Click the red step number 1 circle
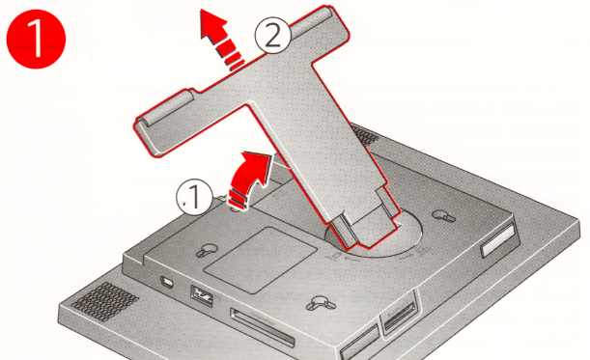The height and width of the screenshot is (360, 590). (36, 39)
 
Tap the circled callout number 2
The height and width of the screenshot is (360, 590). (273, 35)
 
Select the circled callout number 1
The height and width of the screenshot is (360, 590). (194, 197)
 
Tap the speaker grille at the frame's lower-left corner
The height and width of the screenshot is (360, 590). (104, 302)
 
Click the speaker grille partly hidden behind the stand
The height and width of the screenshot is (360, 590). (363, 136)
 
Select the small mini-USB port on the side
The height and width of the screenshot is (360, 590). (165, 282)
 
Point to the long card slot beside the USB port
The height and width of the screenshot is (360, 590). (263, 327)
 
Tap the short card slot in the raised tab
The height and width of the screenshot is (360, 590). (399, 315)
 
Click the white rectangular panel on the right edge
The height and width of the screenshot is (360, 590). (497, 240)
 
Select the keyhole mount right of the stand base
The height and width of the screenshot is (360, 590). (443, 216)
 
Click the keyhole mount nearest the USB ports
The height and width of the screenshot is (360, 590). (207, 250)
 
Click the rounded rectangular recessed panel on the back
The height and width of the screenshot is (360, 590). (261, 260)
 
